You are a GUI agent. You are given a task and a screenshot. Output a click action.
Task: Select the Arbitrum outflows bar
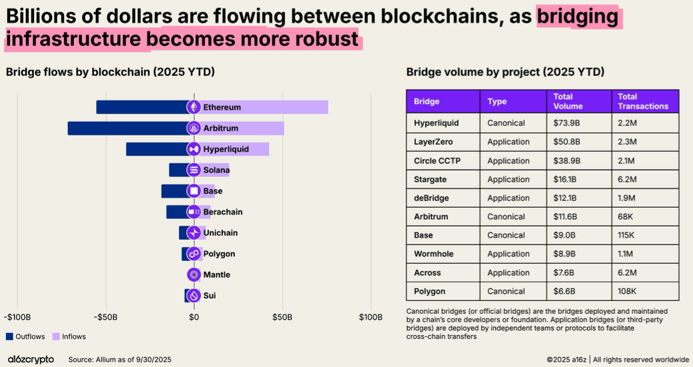(126, 128)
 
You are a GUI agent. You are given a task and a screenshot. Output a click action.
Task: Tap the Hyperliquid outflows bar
(156, 149)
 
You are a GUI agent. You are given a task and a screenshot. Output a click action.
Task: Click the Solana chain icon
(194, 170)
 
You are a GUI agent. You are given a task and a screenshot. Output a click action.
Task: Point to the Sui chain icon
(194, 296)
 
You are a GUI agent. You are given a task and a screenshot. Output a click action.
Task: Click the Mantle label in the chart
(216, 275)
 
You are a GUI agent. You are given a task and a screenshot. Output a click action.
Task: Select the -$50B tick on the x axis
(106, 317)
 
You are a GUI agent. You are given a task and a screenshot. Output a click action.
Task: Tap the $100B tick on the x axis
(370, 317)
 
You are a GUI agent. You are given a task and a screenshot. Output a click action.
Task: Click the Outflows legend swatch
(10, 336)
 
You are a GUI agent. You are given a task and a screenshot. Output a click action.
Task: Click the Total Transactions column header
(642, 101)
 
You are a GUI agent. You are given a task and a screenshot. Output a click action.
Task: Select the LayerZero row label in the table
(434, 142)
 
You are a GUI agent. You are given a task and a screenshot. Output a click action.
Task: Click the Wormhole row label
(433, 254)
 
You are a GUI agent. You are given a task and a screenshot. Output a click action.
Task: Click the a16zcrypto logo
(31, 360)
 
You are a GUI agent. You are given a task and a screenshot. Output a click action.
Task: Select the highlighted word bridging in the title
(578, 15)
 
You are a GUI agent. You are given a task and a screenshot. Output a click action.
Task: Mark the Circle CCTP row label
(437, 161)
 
